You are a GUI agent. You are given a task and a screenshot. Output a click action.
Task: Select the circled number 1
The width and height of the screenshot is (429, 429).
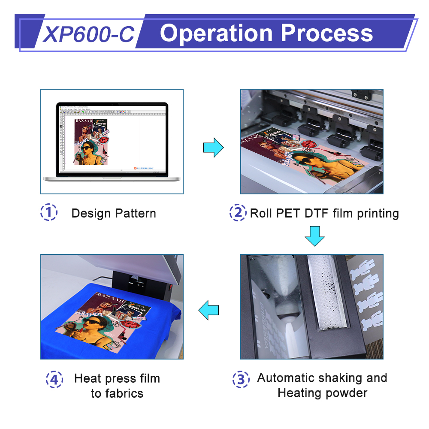[48, 213]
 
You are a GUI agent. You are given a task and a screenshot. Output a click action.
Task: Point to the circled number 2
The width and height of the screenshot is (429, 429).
[238, 213]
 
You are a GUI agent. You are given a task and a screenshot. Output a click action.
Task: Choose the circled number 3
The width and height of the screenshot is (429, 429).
[241, 379]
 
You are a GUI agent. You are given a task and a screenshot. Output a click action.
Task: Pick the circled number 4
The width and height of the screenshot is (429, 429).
[54, 379]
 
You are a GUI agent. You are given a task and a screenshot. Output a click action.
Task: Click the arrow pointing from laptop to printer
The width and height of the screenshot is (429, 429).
[213, 148]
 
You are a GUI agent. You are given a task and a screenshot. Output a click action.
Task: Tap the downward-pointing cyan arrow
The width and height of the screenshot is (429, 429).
[314, 236]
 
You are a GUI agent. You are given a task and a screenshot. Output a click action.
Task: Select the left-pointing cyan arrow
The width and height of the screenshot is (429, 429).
[208, 310]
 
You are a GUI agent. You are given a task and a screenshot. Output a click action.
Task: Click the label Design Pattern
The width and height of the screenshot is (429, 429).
[114, 213]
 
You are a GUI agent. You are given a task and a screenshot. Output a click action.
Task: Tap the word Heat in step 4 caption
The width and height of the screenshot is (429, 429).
[88, 378]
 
